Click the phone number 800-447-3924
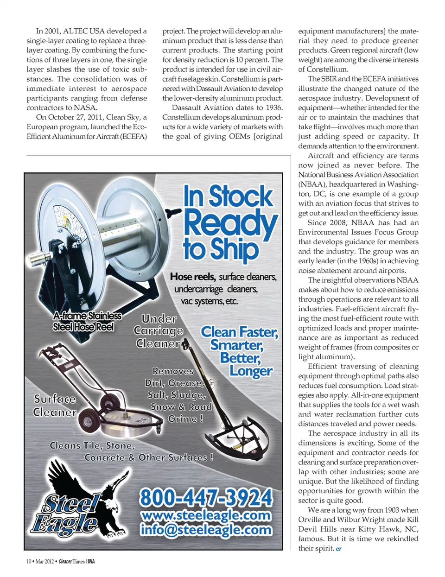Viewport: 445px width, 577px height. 206,498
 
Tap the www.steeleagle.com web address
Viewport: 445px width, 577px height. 206,515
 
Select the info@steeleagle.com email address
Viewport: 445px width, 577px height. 206,529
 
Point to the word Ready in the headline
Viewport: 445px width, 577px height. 230,223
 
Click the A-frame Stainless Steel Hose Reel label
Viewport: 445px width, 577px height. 87,321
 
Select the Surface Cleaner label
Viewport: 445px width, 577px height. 55,406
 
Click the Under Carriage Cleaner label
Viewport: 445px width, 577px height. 158,331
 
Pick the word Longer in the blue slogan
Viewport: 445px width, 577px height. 251,371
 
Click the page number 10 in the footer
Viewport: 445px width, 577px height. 29,561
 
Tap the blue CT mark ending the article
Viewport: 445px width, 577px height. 339,549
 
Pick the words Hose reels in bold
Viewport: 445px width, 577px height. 192,277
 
